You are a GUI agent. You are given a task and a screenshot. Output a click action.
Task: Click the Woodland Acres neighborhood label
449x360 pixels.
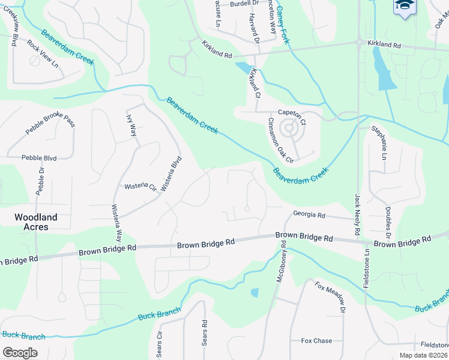(36, 222)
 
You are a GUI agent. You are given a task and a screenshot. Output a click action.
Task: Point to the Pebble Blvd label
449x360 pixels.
(39, 158)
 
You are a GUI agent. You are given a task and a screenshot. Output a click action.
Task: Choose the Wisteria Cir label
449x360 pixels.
(140, 187)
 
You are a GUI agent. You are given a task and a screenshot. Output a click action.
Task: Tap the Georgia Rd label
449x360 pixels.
(309, 214)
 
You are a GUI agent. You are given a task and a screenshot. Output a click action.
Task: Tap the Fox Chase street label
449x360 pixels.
(316, 341)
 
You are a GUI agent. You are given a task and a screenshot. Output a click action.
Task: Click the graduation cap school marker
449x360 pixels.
(405, 6)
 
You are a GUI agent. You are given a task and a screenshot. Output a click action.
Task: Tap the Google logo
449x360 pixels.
(20, 352)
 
